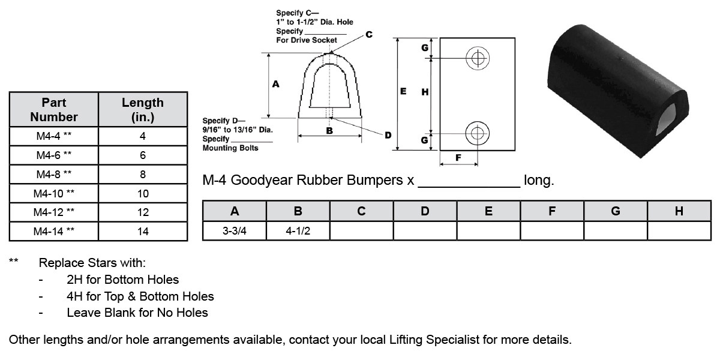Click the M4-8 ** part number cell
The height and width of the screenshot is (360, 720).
click(54, 174)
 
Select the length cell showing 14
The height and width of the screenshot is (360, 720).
click(143, 232)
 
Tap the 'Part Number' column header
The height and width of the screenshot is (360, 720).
click(54, 109)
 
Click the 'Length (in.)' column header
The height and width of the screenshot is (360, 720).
click(143, 109)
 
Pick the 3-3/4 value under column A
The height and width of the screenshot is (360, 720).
click(235, 231)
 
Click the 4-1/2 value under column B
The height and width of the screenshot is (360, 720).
click(298, 231)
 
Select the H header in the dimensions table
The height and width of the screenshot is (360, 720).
click(679, 211)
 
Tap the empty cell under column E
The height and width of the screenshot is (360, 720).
click(488, 231)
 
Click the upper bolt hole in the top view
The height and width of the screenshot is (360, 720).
click(478, 58)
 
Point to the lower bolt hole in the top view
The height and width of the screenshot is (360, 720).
click(478, 133)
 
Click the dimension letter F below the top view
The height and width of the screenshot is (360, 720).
click(459, 158)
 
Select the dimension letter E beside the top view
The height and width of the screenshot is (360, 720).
click(403, 91)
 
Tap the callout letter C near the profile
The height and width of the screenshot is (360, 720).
click(368, 35)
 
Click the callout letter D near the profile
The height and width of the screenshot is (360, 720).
click(388, 135)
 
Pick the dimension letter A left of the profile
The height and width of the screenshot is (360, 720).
click(275, 85)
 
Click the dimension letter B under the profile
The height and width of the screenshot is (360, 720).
click(329, 130)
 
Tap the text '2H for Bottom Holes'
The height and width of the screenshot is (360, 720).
click(122, 279)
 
